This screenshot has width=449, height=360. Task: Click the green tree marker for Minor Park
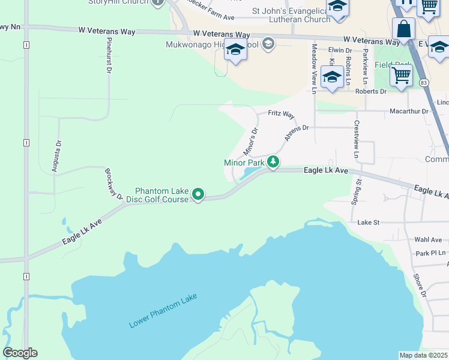[x=273, y=162]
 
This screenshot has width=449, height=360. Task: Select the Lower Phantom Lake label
[x=163, y=311]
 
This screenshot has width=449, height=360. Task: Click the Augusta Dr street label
[x=57, y=156]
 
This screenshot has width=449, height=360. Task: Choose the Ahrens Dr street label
[x=296, y=133]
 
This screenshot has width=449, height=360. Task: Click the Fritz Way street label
[x=281, y=114]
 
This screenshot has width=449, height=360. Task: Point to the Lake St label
[x=369, y=223]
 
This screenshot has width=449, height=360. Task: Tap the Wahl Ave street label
[x=428, y=240]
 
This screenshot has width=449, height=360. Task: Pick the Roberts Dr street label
[x=370, y=91]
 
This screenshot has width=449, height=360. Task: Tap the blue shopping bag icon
[x=404, y=29]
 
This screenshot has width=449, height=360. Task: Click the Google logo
[x=20, y=353]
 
